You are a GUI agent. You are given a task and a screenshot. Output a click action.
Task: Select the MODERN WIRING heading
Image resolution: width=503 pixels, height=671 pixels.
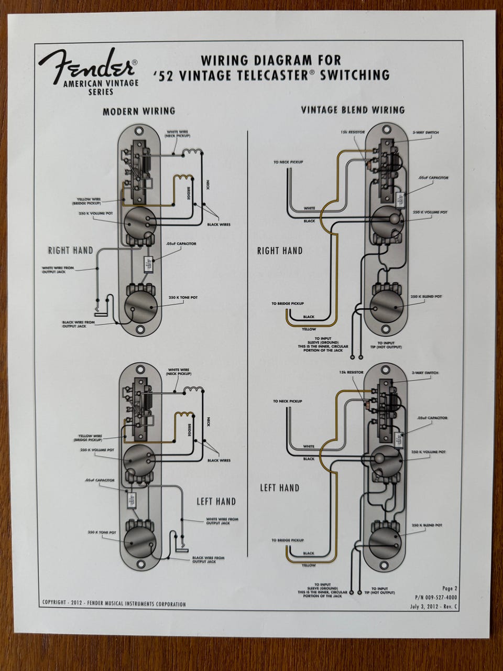click(139, 111)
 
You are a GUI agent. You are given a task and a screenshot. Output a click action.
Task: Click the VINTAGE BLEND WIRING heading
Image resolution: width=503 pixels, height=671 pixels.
click(353, 110)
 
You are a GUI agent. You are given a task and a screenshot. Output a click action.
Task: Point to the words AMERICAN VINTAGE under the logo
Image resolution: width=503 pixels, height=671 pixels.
click(100, 83)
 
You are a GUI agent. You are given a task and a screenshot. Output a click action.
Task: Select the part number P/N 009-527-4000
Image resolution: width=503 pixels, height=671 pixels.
click(435, 597)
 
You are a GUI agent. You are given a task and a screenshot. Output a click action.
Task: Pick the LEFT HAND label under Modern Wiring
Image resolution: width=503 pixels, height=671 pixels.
click(216, 502)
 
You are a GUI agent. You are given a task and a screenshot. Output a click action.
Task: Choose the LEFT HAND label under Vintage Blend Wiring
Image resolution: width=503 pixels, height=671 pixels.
click(280, 488)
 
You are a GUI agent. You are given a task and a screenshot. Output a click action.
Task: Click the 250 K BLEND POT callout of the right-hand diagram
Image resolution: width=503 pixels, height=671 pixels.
click(427, 297)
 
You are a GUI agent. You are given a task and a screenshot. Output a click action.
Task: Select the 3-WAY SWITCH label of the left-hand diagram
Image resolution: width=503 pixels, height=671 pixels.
click(425, 373)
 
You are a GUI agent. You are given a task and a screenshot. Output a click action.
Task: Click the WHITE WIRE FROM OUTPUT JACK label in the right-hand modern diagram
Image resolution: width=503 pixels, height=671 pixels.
click(58, 269)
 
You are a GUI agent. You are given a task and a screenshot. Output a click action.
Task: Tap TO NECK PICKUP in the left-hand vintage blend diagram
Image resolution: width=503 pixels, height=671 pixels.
click(288, 401)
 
